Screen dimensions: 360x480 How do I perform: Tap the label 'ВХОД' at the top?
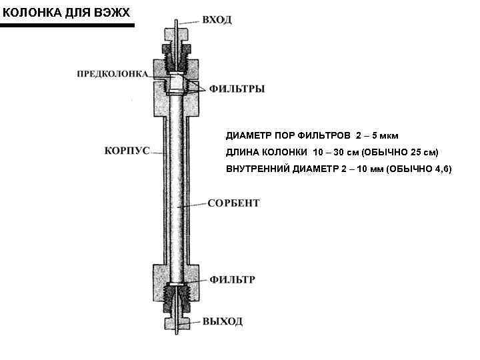pyautogui.click(x=217, y=20)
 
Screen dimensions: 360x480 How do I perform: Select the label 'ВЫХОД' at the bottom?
pyautogui.click(x=223, y=321)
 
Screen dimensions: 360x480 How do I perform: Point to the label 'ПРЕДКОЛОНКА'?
pyautogui.click(x=112, y=73)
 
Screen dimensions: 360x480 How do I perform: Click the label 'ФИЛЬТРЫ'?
pyautogui.click(x=237, y=88)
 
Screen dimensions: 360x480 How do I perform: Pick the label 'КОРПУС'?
pyautogui.click(x=126, y=151)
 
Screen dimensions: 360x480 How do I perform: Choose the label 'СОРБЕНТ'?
pyautogui.click(x=233, y=203)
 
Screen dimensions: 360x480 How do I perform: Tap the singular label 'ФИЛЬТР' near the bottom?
pyautogui.click(x=232, y=279)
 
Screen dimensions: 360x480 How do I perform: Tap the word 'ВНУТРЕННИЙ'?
pyautogui.click(x=257, y=169)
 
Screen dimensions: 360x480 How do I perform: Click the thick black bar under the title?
pyautogui.click(x=67, y=25)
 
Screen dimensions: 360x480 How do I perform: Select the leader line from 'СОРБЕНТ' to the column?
pyautogui.click(x=193, y=206)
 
